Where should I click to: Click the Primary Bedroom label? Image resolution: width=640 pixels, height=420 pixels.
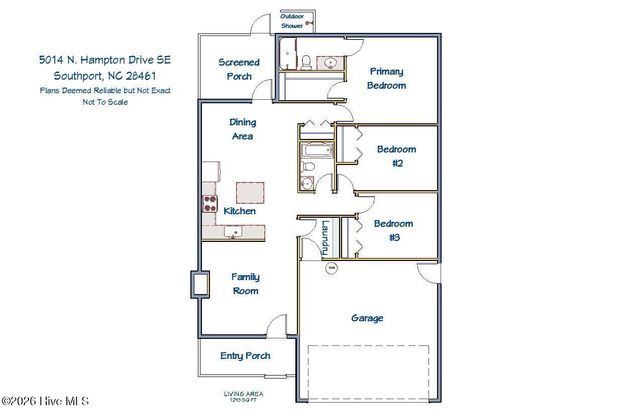click(x=387, y=78)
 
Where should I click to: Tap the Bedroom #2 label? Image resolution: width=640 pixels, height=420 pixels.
click(x=395, y=156)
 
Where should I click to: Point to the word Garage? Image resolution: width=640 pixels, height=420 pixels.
click(x=366, y=318)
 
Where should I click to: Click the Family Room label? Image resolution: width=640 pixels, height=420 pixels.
click(x=246, y=284)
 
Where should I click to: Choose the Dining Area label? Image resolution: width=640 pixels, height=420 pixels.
click(x=243, y=129)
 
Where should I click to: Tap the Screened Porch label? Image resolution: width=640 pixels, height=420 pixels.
click(x=239, y=69)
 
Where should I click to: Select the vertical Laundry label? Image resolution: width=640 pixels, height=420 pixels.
click(x=324, y=240)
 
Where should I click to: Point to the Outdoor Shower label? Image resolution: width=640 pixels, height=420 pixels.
click(x=291, y=21)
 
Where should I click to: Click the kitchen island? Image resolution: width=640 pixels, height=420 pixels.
click(x=251, y=192)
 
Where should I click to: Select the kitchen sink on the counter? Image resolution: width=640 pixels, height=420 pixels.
click(x=232, y=232)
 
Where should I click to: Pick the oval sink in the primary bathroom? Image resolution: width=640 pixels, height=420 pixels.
click(x=330, y=62)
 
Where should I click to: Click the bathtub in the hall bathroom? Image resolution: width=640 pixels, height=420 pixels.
click(x=309, y=157)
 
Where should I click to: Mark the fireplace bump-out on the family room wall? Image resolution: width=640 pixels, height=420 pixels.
click(x=199, y=285)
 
